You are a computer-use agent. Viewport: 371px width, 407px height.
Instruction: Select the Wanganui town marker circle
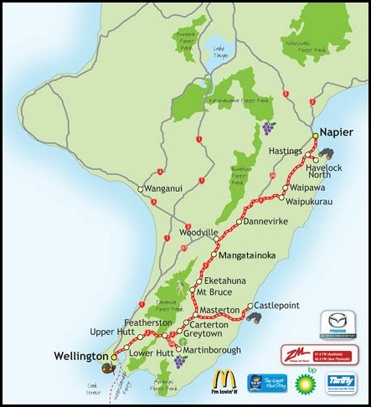click(x=142, y=190)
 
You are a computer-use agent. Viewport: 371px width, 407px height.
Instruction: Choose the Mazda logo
click(x=343, y=324)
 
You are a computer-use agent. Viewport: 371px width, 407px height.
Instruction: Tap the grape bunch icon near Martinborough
click(x=179, y=362)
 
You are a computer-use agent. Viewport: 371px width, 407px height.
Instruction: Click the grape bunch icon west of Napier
click(x=268, y=127)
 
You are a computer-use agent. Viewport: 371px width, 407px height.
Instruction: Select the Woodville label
click(x=199, y=232)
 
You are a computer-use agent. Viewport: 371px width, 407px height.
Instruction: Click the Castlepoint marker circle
click(x=249, y=307)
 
